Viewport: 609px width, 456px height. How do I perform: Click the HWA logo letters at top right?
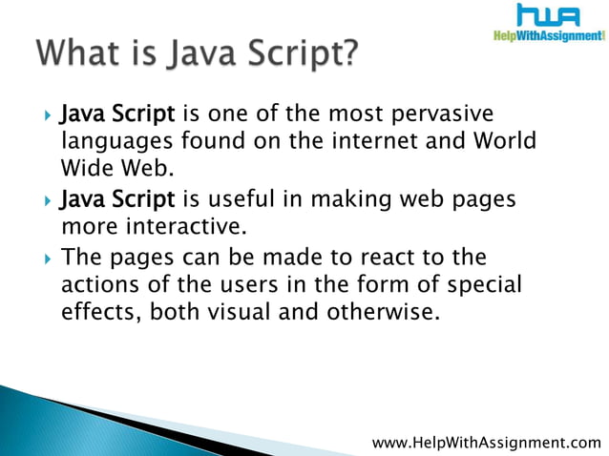click(548, 16)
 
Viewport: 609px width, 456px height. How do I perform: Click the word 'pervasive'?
click(445, 116)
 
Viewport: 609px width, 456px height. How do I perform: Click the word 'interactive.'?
click(178, 228)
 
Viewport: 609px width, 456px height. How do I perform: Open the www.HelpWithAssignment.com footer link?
click(487, 443)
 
